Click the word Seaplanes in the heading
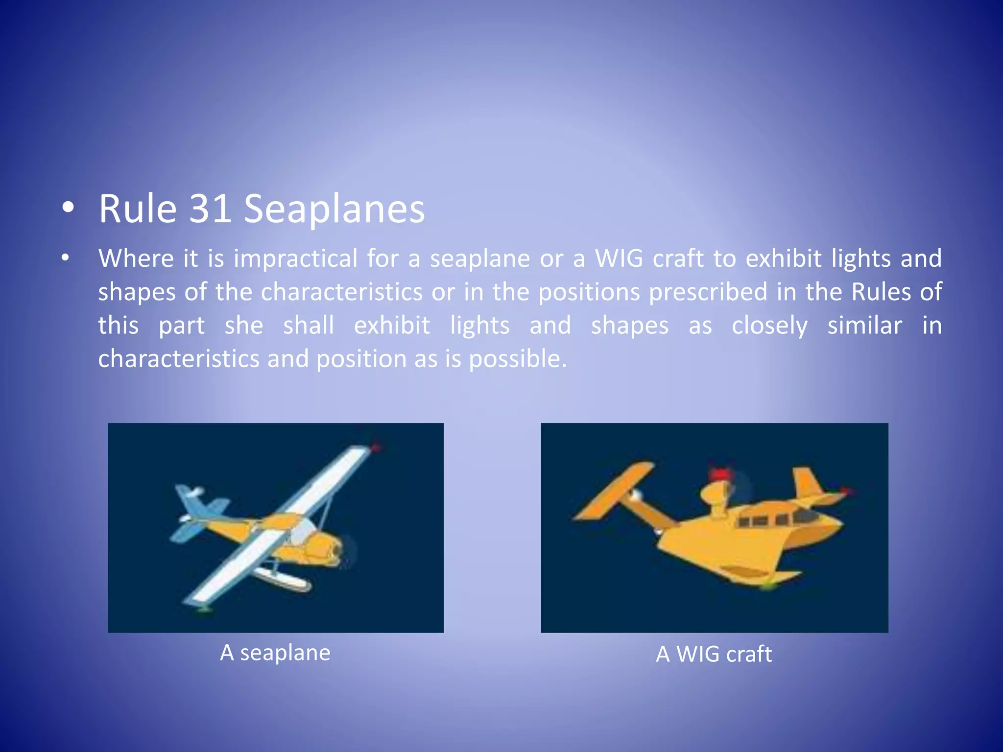tap(334, 210)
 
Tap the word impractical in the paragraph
tap(295, 258)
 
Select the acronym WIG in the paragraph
tap(619, 258)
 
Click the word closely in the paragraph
tap(769, 326)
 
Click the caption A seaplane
tap(275, 653)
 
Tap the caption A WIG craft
tap(714, 654)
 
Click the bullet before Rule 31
tap(68, 208)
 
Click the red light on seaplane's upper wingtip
tap(376, 447)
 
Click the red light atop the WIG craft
tap(720, 474)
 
